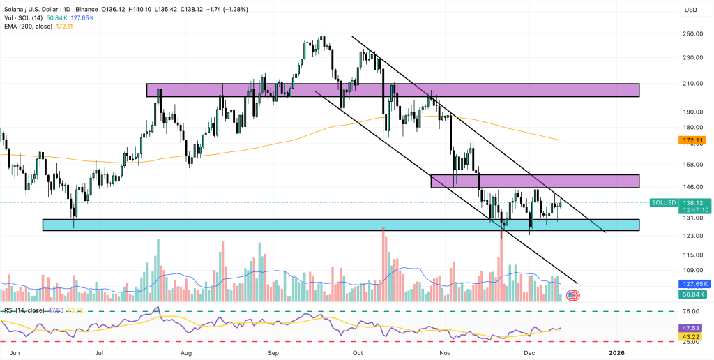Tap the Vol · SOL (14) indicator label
tap(21, 17)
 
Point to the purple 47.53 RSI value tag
tap(690, 327)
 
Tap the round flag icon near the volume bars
tap(573, 295)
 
